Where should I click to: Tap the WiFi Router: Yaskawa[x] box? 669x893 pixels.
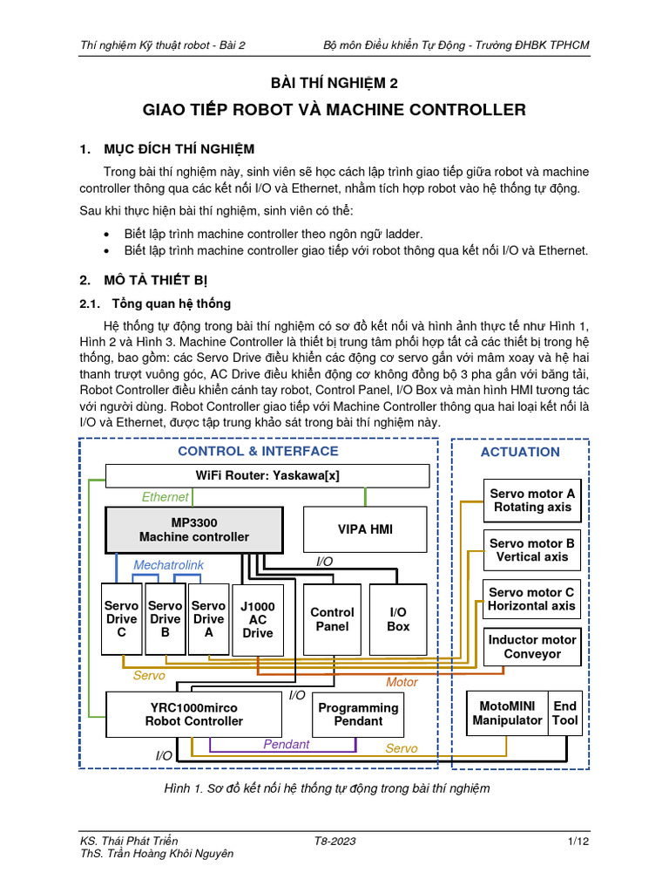(267, 475)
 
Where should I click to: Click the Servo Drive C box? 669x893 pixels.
(122, 619)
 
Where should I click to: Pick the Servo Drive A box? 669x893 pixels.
(208, 619)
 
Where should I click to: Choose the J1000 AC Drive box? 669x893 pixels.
(257, 619)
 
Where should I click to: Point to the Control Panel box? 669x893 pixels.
(332, 619)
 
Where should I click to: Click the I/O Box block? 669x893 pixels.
(398, 619)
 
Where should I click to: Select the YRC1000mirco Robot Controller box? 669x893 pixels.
(193, 714)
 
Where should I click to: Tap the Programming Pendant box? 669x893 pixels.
(358, 714)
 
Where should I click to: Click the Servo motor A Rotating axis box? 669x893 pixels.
(531, 500)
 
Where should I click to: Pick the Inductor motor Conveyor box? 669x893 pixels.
(531, 646)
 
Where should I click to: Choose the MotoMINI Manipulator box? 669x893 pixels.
(507, 713)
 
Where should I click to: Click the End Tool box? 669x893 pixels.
(564, 713)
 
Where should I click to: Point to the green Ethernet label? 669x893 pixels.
(165, 497)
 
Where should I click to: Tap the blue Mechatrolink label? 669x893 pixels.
(168, 565)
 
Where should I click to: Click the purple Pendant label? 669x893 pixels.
(287, 744)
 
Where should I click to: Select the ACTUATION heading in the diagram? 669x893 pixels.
(520, 452)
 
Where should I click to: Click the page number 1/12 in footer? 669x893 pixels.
(578, 841)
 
